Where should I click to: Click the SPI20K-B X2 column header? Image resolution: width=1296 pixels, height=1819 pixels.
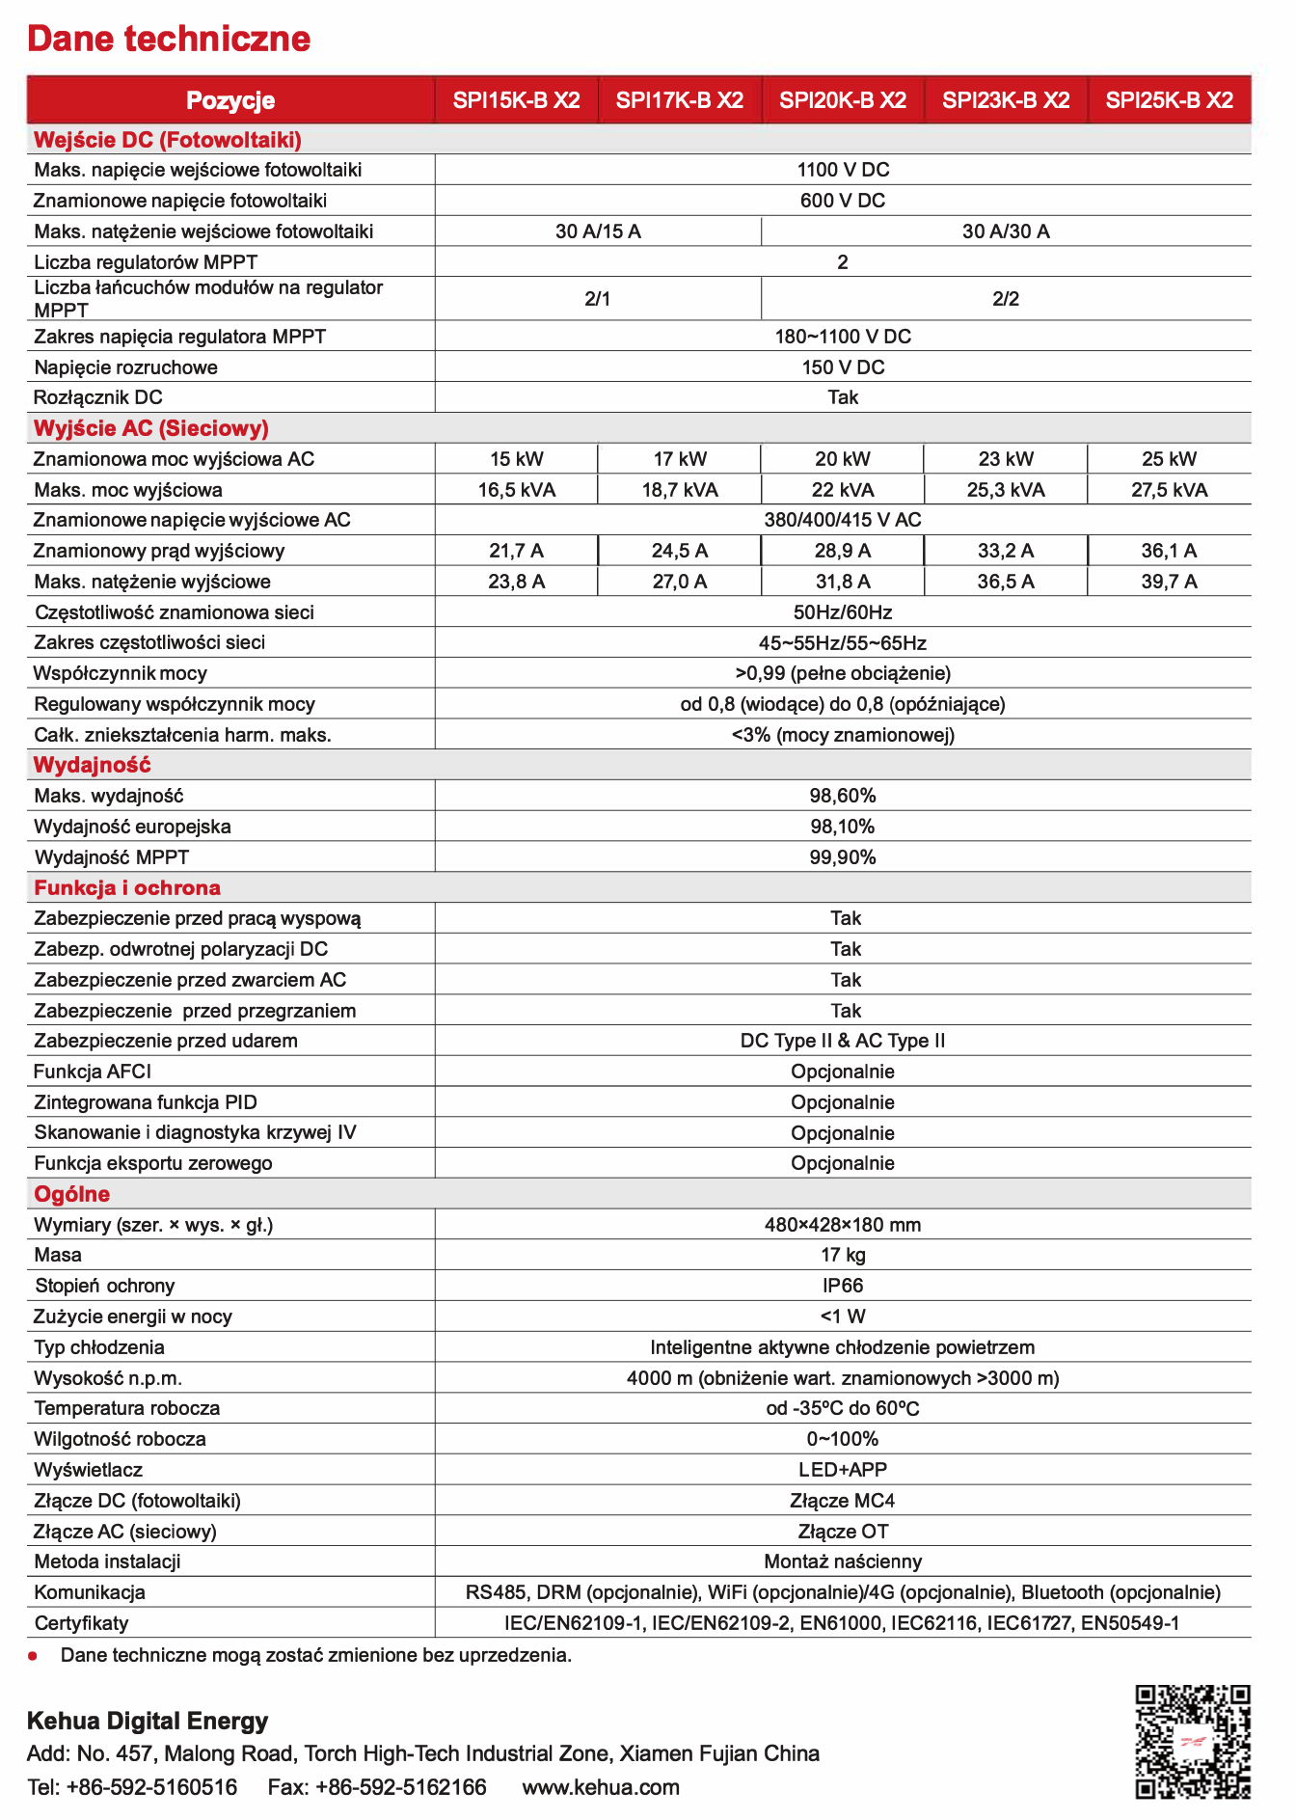[x=843, y=100]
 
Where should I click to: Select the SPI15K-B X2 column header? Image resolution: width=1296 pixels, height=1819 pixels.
[x=517, y=100]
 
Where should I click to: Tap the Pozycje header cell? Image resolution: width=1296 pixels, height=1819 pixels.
[x=230, y=100]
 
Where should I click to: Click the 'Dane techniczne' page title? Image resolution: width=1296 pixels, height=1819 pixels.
[x=169, y=39]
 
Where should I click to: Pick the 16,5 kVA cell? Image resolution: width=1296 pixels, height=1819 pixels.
[x=517, y=490]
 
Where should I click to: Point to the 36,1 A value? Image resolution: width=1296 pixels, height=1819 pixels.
[x=1169, y=551]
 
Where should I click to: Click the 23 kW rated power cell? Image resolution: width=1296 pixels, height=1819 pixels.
[x=1006, y=459]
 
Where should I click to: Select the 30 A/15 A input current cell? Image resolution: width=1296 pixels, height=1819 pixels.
[x=598, y=231]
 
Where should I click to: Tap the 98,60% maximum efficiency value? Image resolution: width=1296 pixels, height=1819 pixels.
[x=843, y=796]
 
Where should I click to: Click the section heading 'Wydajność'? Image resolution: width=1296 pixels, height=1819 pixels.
[x=93, y=765]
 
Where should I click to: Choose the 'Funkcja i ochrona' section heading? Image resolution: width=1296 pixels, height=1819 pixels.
[x=127, y=887]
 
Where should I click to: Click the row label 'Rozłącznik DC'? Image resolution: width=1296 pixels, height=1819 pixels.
[x=98, y=397]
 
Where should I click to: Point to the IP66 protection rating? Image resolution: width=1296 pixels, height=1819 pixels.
[x=843, y=1286]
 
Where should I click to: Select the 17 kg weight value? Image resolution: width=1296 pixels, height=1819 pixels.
[x=843, y=1255]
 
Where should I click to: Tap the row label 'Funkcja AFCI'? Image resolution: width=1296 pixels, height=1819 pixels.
[x=93, y=1072]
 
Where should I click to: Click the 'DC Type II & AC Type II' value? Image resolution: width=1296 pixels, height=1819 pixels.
[x=843, y=1041]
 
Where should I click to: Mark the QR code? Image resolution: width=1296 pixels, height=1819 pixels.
[x=1193, y=1742]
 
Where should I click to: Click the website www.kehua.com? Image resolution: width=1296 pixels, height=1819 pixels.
[x=601, y=1787]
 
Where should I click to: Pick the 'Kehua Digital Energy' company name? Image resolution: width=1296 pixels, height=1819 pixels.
[x=148, y=1721]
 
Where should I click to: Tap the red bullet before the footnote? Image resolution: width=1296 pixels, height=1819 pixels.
[x=33, y=1656]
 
